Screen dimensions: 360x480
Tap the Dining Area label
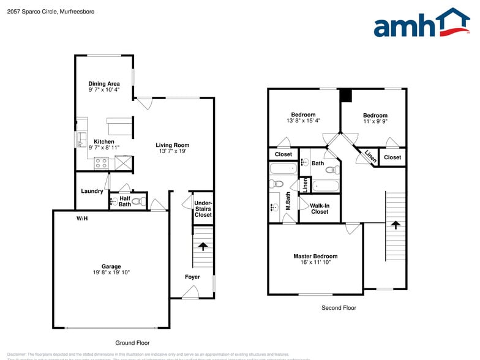(103, 84)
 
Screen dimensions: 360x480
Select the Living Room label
(172, 145)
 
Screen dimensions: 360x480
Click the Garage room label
(111, 266)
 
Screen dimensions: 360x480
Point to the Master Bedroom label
(315, 257)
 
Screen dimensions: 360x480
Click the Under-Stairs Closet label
(203, 209)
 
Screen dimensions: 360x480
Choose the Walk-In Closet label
(319, 209)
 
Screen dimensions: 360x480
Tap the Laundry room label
(92, 192)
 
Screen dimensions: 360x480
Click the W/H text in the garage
(82, 219)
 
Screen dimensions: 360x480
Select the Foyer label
(192, 277)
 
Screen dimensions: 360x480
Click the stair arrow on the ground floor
(203, 246)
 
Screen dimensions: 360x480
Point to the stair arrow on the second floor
(396, 225)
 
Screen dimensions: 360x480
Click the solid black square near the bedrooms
(346, 96)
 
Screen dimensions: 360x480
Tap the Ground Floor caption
(132, 343)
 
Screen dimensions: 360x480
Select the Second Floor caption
(339, 308)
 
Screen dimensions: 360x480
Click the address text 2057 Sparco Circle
(43, 12)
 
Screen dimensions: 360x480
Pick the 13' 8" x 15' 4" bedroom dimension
(303, 121)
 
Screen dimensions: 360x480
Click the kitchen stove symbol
(101, 163)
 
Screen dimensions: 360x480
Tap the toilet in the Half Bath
(137, 201)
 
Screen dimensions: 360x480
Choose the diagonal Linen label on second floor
(370, 157)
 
